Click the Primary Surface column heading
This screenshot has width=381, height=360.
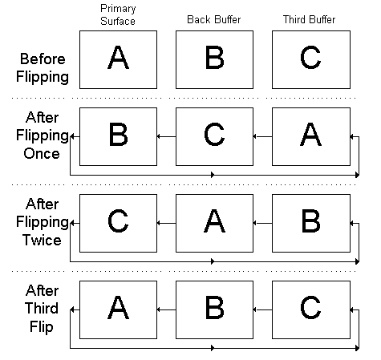118,15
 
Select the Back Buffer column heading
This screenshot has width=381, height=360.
214,19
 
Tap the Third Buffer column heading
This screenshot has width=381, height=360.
309,19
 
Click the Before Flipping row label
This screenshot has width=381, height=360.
43,68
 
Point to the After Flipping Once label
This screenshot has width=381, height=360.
43,136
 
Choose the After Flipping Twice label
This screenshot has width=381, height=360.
43,222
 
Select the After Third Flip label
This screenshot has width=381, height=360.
42,309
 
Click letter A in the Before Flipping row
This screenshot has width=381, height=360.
118,57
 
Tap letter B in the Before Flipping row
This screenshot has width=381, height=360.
215,57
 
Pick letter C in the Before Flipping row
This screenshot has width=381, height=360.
310,57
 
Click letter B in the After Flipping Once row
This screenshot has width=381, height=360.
119,135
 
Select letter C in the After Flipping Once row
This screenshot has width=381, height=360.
214,135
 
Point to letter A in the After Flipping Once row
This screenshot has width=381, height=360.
310,135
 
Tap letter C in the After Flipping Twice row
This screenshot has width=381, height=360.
118,221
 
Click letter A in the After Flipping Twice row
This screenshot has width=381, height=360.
214,221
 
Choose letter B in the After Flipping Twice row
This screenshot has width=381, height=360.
311,221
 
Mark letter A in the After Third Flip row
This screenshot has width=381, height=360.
118,308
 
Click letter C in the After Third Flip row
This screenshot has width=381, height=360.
310,308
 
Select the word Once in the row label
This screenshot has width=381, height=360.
42,154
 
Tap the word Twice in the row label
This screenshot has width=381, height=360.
42,240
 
